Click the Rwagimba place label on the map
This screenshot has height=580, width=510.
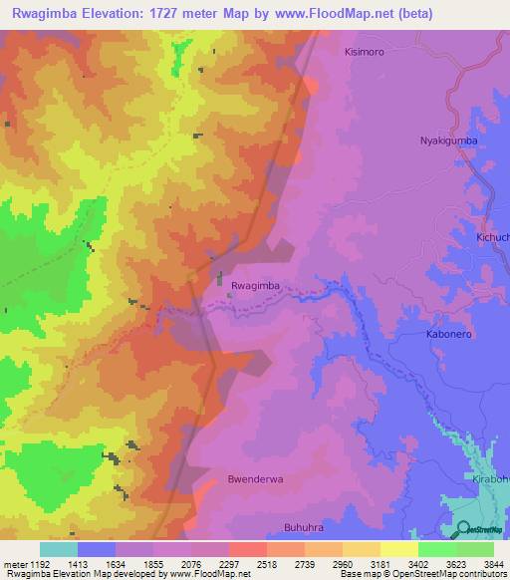(x=255, y=286)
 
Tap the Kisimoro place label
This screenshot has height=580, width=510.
(x=364, y=51)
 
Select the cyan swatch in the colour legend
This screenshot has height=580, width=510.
(x=59, y=549)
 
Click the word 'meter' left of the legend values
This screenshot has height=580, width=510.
(x=14, y=563)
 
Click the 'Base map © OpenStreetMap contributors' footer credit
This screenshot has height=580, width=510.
(x=421, y=574)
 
